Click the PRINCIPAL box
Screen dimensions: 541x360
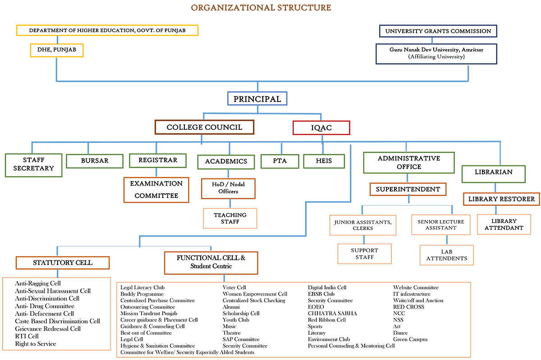[x=257, y=99]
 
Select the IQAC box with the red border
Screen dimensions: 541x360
[x=321, y=128]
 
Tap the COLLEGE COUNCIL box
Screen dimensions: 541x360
[x=204, y=127]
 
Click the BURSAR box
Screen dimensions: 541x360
[x=95, y=161]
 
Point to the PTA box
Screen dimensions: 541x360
[x=280, y=161]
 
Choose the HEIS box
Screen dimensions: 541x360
[x=324, y=161]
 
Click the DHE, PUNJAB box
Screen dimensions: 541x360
[x=57, y=50]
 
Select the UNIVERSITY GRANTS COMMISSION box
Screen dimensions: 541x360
[x=438, y=31]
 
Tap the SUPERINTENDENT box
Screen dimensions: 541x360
[x=408, y=189]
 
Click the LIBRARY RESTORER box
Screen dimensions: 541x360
[x=501, y=199]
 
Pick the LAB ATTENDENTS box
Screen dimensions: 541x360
[x=447, y=255]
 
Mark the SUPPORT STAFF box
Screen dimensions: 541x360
[x=364, y=254]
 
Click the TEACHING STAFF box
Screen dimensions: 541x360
[x=230, y=218]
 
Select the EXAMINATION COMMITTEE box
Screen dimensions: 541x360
[x=156, y=190]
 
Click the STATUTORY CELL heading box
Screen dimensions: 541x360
[x=63, y=263]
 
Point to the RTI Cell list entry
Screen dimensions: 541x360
[x=27, y=336]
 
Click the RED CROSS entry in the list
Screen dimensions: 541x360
[x=408, y=307]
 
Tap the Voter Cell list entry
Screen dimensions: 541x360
[x=234, y=287]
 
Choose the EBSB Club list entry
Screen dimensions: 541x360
[x=321, y=294]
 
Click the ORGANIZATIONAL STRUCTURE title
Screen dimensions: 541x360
[x=261, y=8]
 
